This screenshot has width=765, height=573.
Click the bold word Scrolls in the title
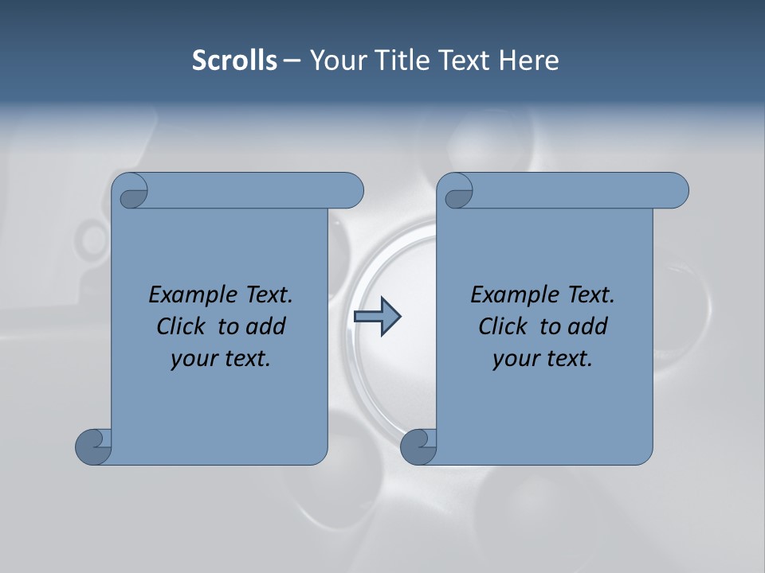[x=234, y=60]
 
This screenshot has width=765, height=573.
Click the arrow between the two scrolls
[x=377, y=317]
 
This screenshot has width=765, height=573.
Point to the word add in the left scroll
[x=265, y=326]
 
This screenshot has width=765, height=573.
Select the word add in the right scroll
[x=586, y=326]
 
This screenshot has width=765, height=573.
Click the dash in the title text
[x=292, y=60]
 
